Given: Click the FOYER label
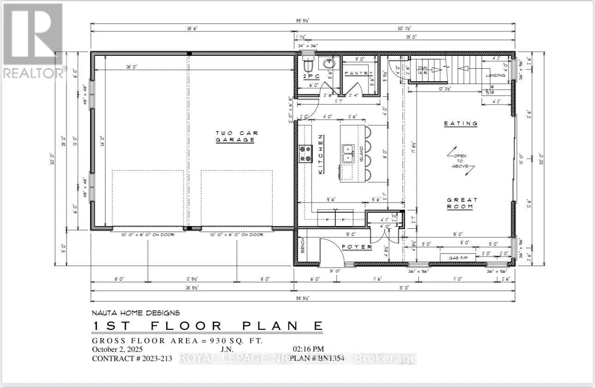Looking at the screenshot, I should click(x=357, y=247).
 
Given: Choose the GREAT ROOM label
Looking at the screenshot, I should click(x=462, y=203).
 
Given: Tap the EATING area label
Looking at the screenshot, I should click(x=460, y=124).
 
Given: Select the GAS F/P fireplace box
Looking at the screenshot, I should click(x=457, y=257).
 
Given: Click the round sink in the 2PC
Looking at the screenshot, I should click(x=328, y=64).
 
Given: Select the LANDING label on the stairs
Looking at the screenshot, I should click(x=494, y=75).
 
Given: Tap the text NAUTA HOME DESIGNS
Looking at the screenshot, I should click(x=136, y=313).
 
